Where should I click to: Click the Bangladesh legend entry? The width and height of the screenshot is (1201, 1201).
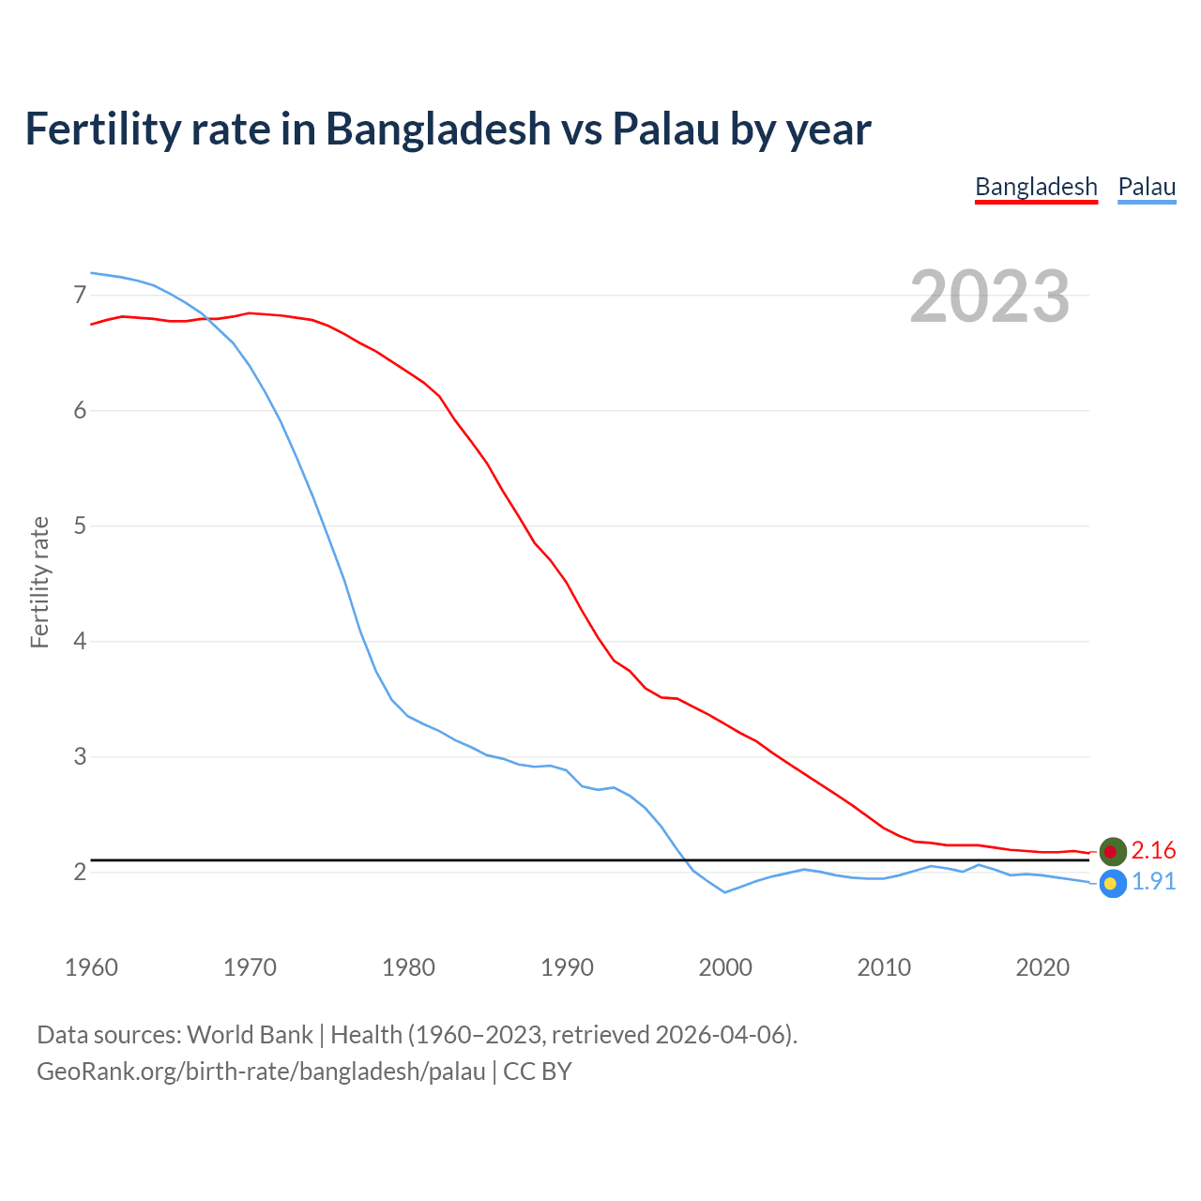tap(1036, 187)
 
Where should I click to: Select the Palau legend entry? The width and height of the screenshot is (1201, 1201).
tap(1147, 187)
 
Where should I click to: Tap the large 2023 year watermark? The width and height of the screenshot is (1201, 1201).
tap(989, 296)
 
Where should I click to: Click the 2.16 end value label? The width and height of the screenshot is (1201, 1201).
tap(1153, 850)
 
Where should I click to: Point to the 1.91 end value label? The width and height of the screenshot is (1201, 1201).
tap(1153, 882)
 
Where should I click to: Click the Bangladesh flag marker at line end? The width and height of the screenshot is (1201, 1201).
tap(1112, 851)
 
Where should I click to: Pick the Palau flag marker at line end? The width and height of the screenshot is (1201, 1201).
tap(1112, 883)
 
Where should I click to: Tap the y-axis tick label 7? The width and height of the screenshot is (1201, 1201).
tap(80, 296)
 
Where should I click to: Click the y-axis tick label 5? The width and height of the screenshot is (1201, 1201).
tap(80, 525)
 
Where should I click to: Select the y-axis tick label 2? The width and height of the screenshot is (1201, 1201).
tap(80, 872)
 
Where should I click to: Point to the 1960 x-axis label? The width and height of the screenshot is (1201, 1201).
tap(91, 967)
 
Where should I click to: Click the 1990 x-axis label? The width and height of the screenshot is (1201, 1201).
tap(567, 967)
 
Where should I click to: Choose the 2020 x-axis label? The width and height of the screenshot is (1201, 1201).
tap(1042, 967)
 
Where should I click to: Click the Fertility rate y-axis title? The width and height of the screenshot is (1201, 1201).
tap(39, 582)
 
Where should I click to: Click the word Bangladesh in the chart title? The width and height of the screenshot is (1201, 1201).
tap(437, 129)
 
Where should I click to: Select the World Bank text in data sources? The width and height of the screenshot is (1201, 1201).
tap(250, 1035)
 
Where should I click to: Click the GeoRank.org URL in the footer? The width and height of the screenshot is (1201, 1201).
tap(261, 1072)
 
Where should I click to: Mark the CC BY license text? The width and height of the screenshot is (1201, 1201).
tap(537, 1072)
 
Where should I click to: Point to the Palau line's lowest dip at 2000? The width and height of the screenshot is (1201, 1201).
tap(725, 891)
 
